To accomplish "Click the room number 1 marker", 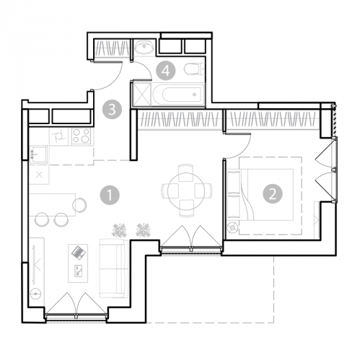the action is pyautogui.click(x=110, y=195).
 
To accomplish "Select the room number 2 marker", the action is pyautogui.click(x=273, y=193).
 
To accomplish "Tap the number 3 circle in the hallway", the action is pyautogui.click(x=112, y=110).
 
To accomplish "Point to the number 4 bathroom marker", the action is pyautogui.click(x=166, y=71).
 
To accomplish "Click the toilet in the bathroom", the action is pyautogui.click(x=194, y=69).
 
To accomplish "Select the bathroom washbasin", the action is pyautogui.click(x=144, y=47).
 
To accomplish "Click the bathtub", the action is pyautogui.click(x=178, y=95).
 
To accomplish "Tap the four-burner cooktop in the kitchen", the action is pyautogui.click(x=81, y=136).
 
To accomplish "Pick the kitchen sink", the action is pyautogui.click(x=38, y=155).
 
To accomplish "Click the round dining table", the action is pyautogui.click(x=186, y=191).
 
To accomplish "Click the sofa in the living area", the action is pyautogui.click(x=114, y=268).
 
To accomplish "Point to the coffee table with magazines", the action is pyautogui.click(x=78, y=264).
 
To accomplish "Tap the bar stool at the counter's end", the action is pyautogui.click(x=79, y=205).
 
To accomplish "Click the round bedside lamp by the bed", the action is pyautogui.click(x=233, y=227).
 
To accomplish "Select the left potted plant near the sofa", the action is pyautogui.click(x=119, y=230).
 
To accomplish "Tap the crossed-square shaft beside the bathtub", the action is pyautogui.click(x=141, y=95).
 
